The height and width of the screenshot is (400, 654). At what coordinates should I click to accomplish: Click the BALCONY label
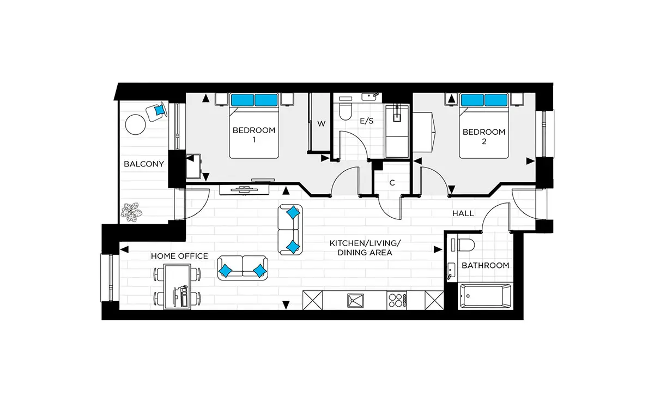[x=144, y=164]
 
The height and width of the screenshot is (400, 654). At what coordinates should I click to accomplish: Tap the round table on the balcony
[x=135, y=124]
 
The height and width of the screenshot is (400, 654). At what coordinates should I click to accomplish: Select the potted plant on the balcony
[x=131, y=212]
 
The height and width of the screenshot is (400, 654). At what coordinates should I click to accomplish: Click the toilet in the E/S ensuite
[x=346, y=111]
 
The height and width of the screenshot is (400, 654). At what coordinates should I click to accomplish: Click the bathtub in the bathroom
[x=486, y=296]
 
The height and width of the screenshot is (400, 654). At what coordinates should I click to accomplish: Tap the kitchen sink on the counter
[x=355, y=301]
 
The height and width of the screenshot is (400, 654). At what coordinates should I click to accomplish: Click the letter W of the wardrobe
[x=321, y=124]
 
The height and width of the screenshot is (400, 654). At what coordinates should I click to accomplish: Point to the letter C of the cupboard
[x=392, y=183]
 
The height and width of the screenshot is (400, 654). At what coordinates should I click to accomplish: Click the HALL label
[x=463, y=213]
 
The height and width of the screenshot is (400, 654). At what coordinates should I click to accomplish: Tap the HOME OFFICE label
[x=179, y=256]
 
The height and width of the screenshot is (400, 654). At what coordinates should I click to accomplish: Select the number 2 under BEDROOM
[x=484, y=141]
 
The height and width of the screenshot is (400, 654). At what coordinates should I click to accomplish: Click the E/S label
[x=367, y=121]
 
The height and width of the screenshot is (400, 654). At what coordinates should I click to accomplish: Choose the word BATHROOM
[x=485, y=266]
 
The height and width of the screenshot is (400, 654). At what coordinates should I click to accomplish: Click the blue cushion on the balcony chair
[x=159, y=110]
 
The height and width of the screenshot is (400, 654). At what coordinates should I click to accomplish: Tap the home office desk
[x=177, y=286]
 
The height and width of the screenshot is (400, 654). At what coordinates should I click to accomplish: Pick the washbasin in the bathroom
[x=451, y=271]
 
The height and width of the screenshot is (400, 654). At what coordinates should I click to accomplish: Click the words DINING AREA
[x=365, y=253]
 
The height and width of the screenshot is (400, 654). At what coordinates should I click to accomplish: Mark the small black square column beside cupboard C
[x=378, y=165]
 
